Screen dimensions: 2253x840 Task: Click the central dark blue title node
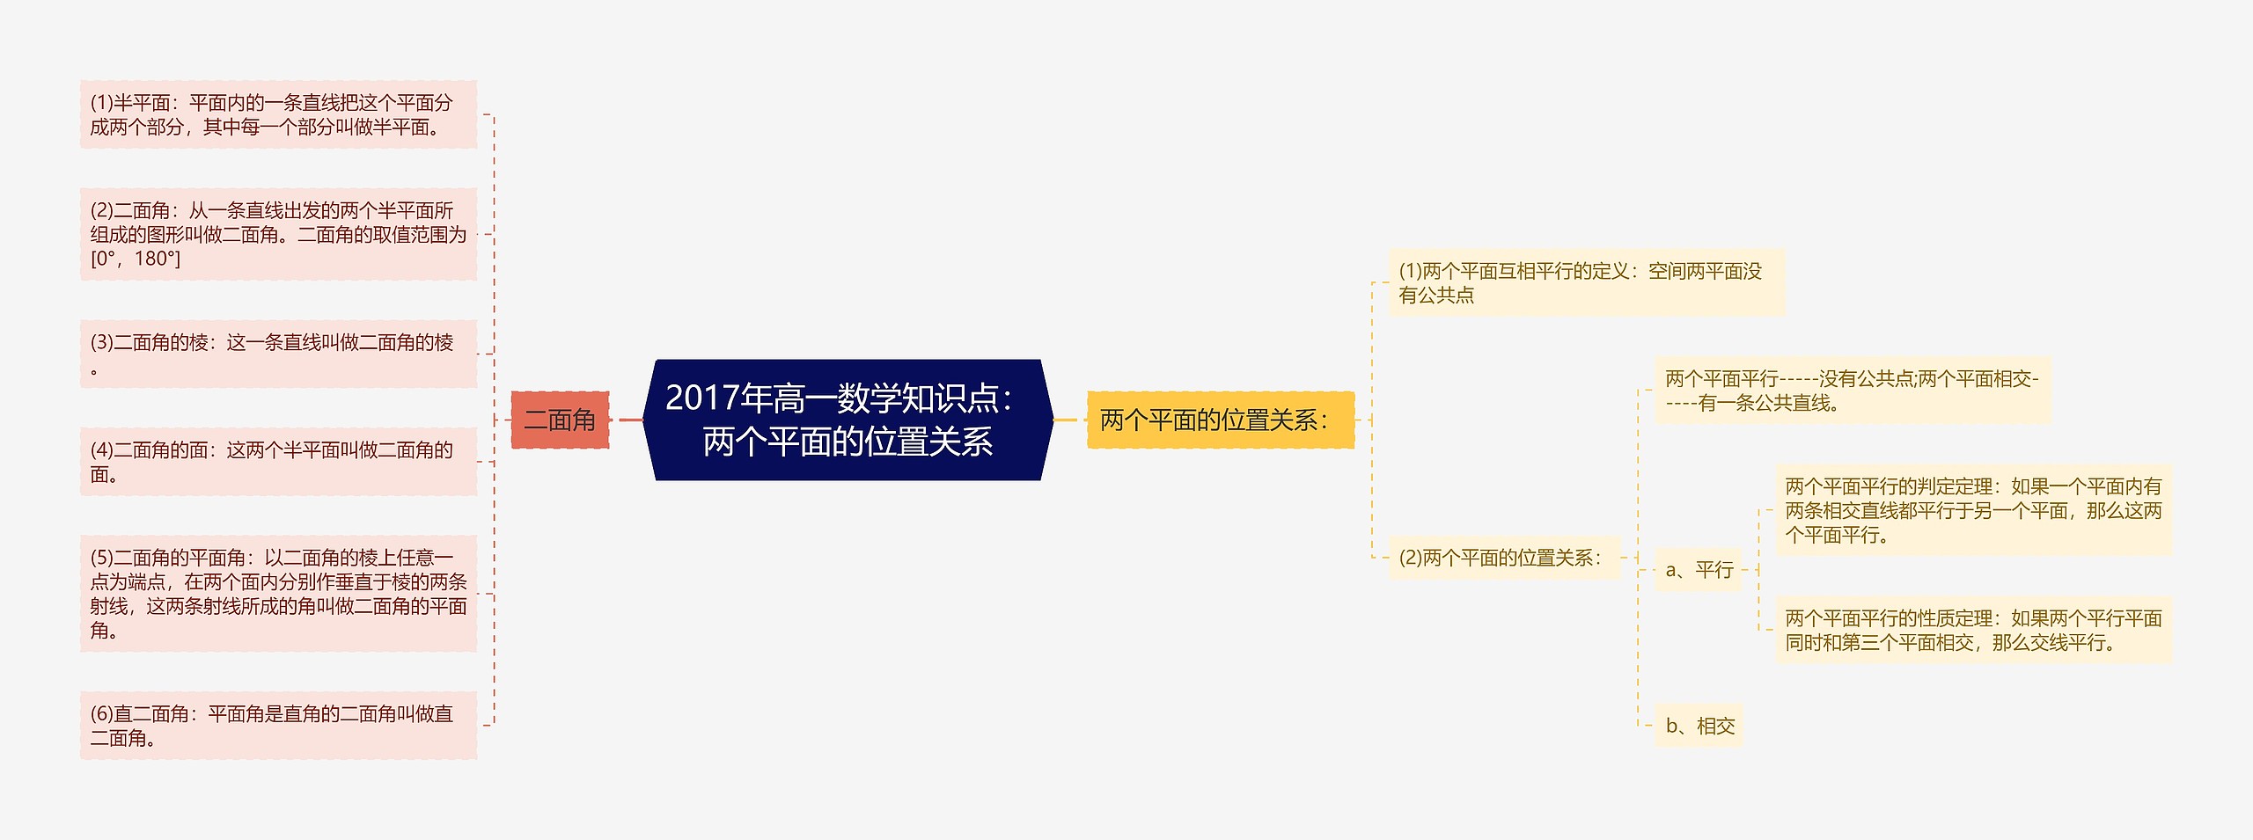click(848, 420)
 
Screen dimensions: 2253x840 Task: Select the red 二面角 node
click(560, 420)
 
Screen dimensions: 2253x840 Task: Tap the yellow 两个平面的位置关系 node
click(1220, 420)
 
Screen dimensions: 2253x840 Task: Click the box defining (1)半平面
click(278, 115)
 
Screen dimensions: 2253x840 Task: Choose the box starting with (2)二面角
click(278, 234)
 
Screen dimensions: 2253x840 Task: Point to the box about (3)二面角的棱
click(278, 354)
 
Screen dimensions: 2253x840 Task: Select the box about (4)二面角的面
click(278, 462)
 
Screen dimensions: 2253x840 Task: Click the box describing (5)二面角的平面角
click(278, 594)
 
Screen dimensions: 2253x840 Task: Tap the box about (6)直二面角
click(278, 726)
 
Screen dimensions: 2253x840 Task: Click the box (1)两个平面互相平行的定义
click(1586, 283)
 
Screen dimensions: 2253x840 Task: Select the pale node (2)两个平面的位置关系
click(1504, 558)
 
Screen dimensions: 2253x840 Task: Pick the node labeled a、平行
click(1699, 570)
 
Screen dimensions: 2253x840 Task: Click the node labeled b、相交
click(1699, 726)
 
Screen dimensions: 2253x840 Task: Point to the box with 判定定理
click(1973, 510)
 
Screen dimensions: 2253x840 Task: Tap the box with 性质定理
click(1973, 630)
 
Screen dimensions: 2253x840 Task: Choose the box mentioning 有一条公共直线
click(1852, 391)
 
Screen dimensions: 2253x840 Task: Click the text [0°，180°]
click(136, 259)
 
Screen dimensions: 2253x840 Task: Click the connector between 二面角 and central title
click(631, 420)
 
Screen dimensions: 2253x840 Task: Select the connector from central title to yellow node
click(1066, 420)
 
